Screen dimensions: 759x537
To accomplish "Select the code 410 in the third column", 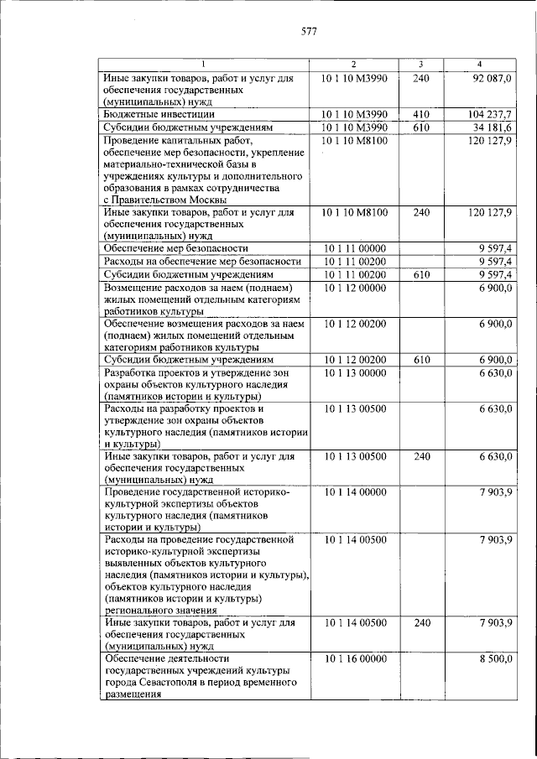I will (x=421, y=112).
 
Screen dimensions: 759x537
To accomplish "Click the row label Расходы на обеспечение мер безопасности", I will (x=201, y=262).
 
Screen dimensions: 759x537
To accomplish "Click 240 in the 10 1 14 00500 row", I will (x=421, y=623).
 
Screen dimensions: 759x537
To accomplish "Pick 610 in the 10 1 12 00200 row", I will (x=421, y=360).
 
